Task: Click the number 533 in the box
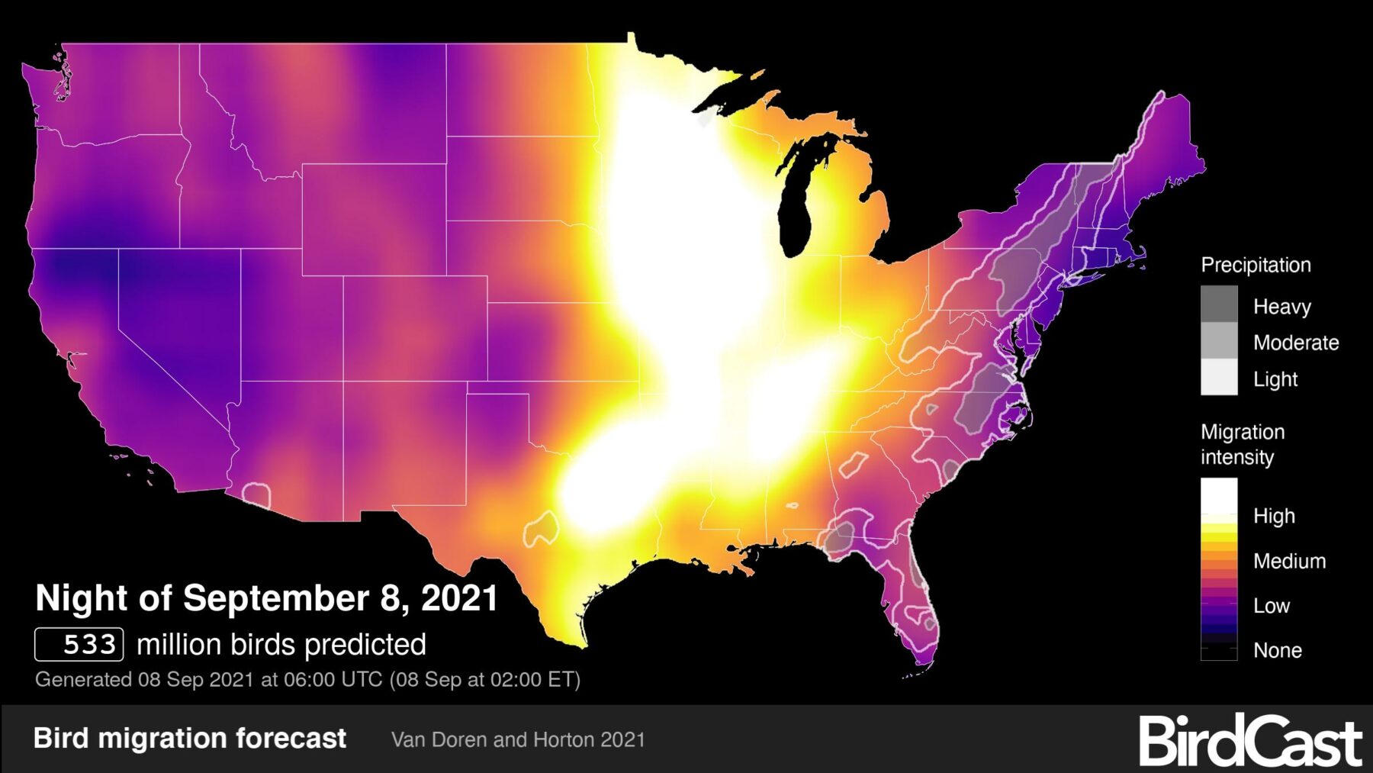tap(88, 645)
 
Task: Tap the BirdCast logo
tap(1250, 740)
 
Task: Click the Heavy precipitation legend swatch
tap(1219, 304)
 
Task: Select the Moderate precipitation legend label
tap(1295, 343)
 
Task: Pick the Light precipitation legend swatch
tap(1219, 377)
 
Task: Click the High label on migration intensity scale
tap(1273, 516)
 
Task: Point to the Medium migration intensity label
tap(1288, 561)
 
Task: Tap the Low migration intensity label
tap(1271, 606)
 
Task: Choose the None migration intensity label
tap(1277, 650)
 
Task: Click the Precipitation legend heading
tap(1256, 265)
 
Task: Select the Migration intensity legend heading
tap(1242, 444)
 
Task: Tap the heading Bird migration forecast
tap(190, 738)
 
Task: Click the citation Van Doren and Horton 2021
tap(518, 739)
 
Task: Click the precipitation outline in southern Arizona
tap(257, 494)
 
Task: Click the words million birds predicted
tap(281, 645)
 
